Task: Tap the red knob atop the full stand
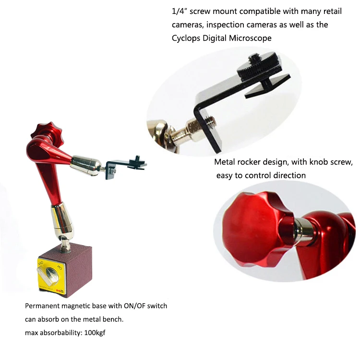(42, 131)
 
